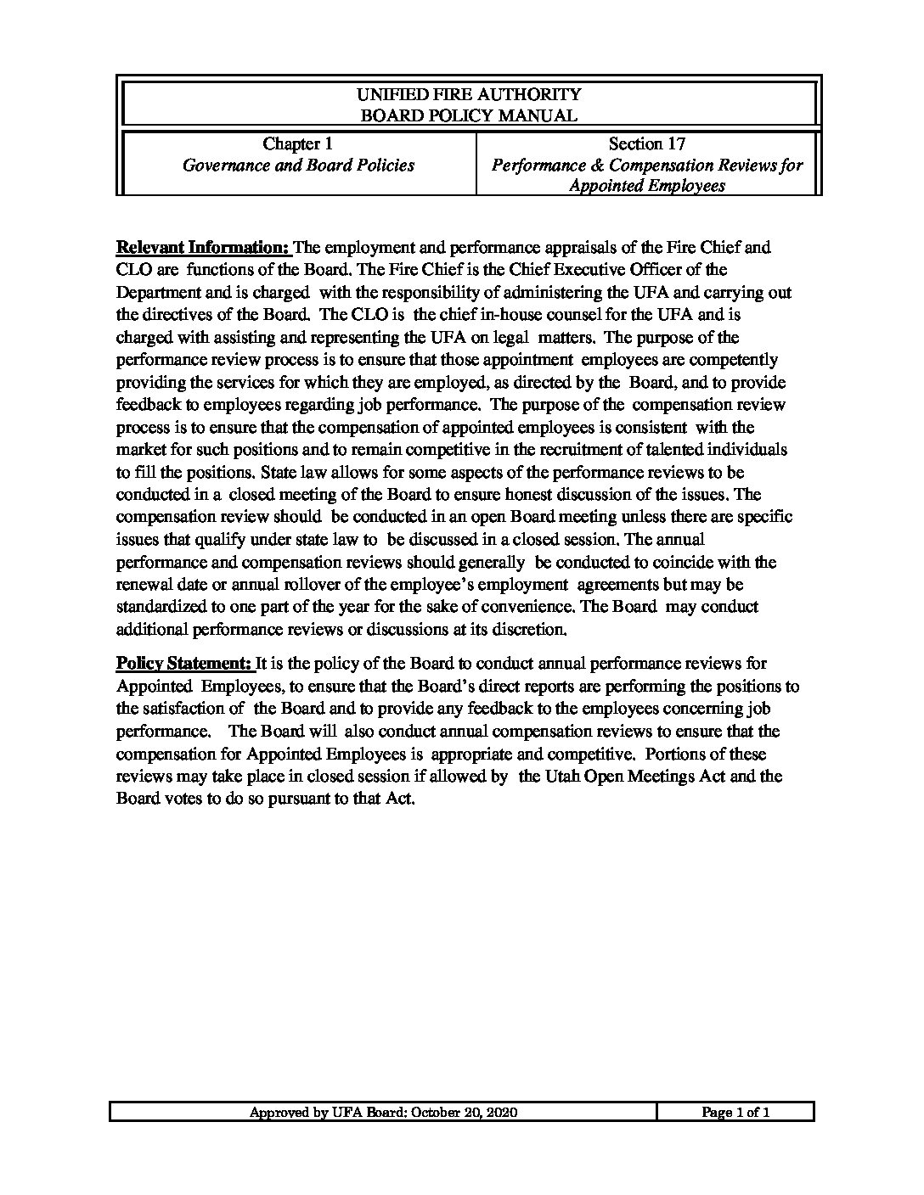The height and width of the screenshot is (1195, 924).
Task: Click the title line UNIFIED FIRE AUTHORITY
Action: (x=469, y=94)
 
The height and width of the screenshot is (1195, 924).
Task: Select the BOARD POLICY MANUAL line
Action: (x=469, y=115)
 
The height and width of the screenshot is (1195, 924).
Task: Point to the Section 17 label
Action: (x=647, y=144)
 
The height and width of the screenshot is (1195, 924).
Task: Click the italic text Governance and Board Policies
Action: (x=299, y=166)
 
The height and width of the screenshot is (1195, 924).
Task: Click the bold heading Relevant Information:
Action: (x=202, y=248)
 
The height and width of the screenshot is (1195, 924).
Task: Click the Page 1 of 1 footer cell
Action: (x=735, y=1113)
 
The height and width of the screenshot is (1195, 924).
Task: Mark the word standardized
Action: (x=161, y=607)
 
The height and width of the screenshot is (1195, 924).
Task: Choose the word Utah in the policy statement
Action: (x=563, y=777)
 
